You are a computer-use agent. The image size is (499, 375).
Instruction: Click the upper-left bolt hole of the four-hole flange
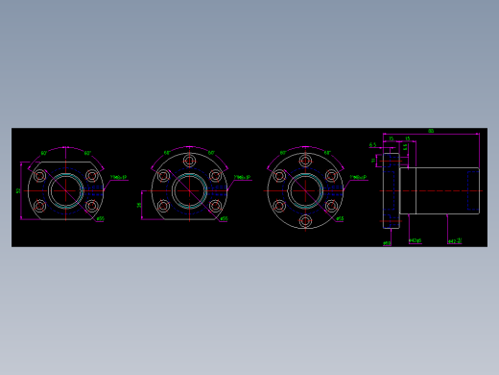click(39, 176)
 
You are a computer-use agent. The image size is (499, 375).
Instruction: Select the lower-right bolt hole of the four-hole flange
click(92, 206)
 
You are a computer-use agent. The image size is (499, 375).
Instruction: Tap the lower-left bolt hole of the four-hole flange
click(39, 206)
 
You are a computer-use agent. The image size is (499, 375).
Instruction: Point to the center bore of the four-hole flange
click(65, 190)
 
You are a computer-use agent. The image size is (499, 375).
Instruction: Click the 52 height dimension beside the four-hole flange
click(19, 190)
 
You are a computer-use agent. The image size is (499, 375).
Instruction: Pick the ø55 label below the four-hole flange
click(100, 219)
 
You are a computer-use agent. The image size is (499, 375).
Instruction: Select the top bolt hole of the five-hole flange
click(189, 160)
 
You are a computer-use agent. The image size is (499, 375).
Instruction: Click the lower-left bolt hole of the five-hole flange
click(163, 206)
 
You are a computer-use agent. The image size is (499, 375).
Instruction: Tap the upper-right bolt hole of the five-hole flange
click(215, 176)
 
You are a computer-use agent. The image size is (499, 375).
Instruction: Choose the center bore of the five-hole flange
click(189, 190)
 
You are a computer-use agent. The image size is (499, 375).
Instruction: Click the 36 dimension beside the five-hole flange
click(140, 205)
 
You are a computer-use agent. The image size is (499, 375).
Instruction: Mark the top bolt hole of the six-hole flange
click(305, 160)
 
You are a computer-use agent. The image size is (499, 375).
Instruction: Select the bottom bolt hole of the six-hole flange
click(305, 221)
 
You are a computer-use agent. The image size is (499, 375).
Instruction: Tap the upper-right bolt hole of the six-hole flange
click(332, 176)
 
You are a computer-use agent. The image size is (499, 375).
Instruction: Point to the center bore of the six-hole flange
click(305, 190)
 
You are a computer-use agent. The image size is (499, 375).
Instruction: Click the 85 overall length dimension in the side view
click(431, 131)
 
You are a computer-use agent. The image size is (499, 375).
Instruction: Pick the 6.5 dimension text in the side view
click(373, 145)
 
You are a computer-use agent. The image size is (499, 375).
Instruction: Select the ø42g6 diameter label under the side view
click(416, 241)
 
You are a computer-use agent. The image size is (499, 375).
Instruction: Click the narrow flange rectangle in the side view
click(391, 190)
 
